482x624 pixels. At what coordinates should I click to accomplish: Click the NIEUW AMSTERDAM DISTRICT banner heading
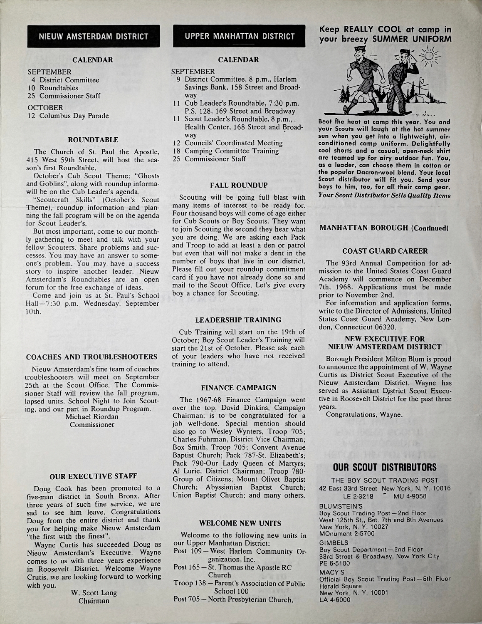(x=94, y=37)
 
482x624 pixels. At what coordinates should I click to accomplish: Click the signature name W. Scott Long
(x=91, y=593)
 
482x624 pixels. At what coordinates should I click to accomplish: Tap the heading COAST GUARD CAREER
(x=385, y=252)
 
